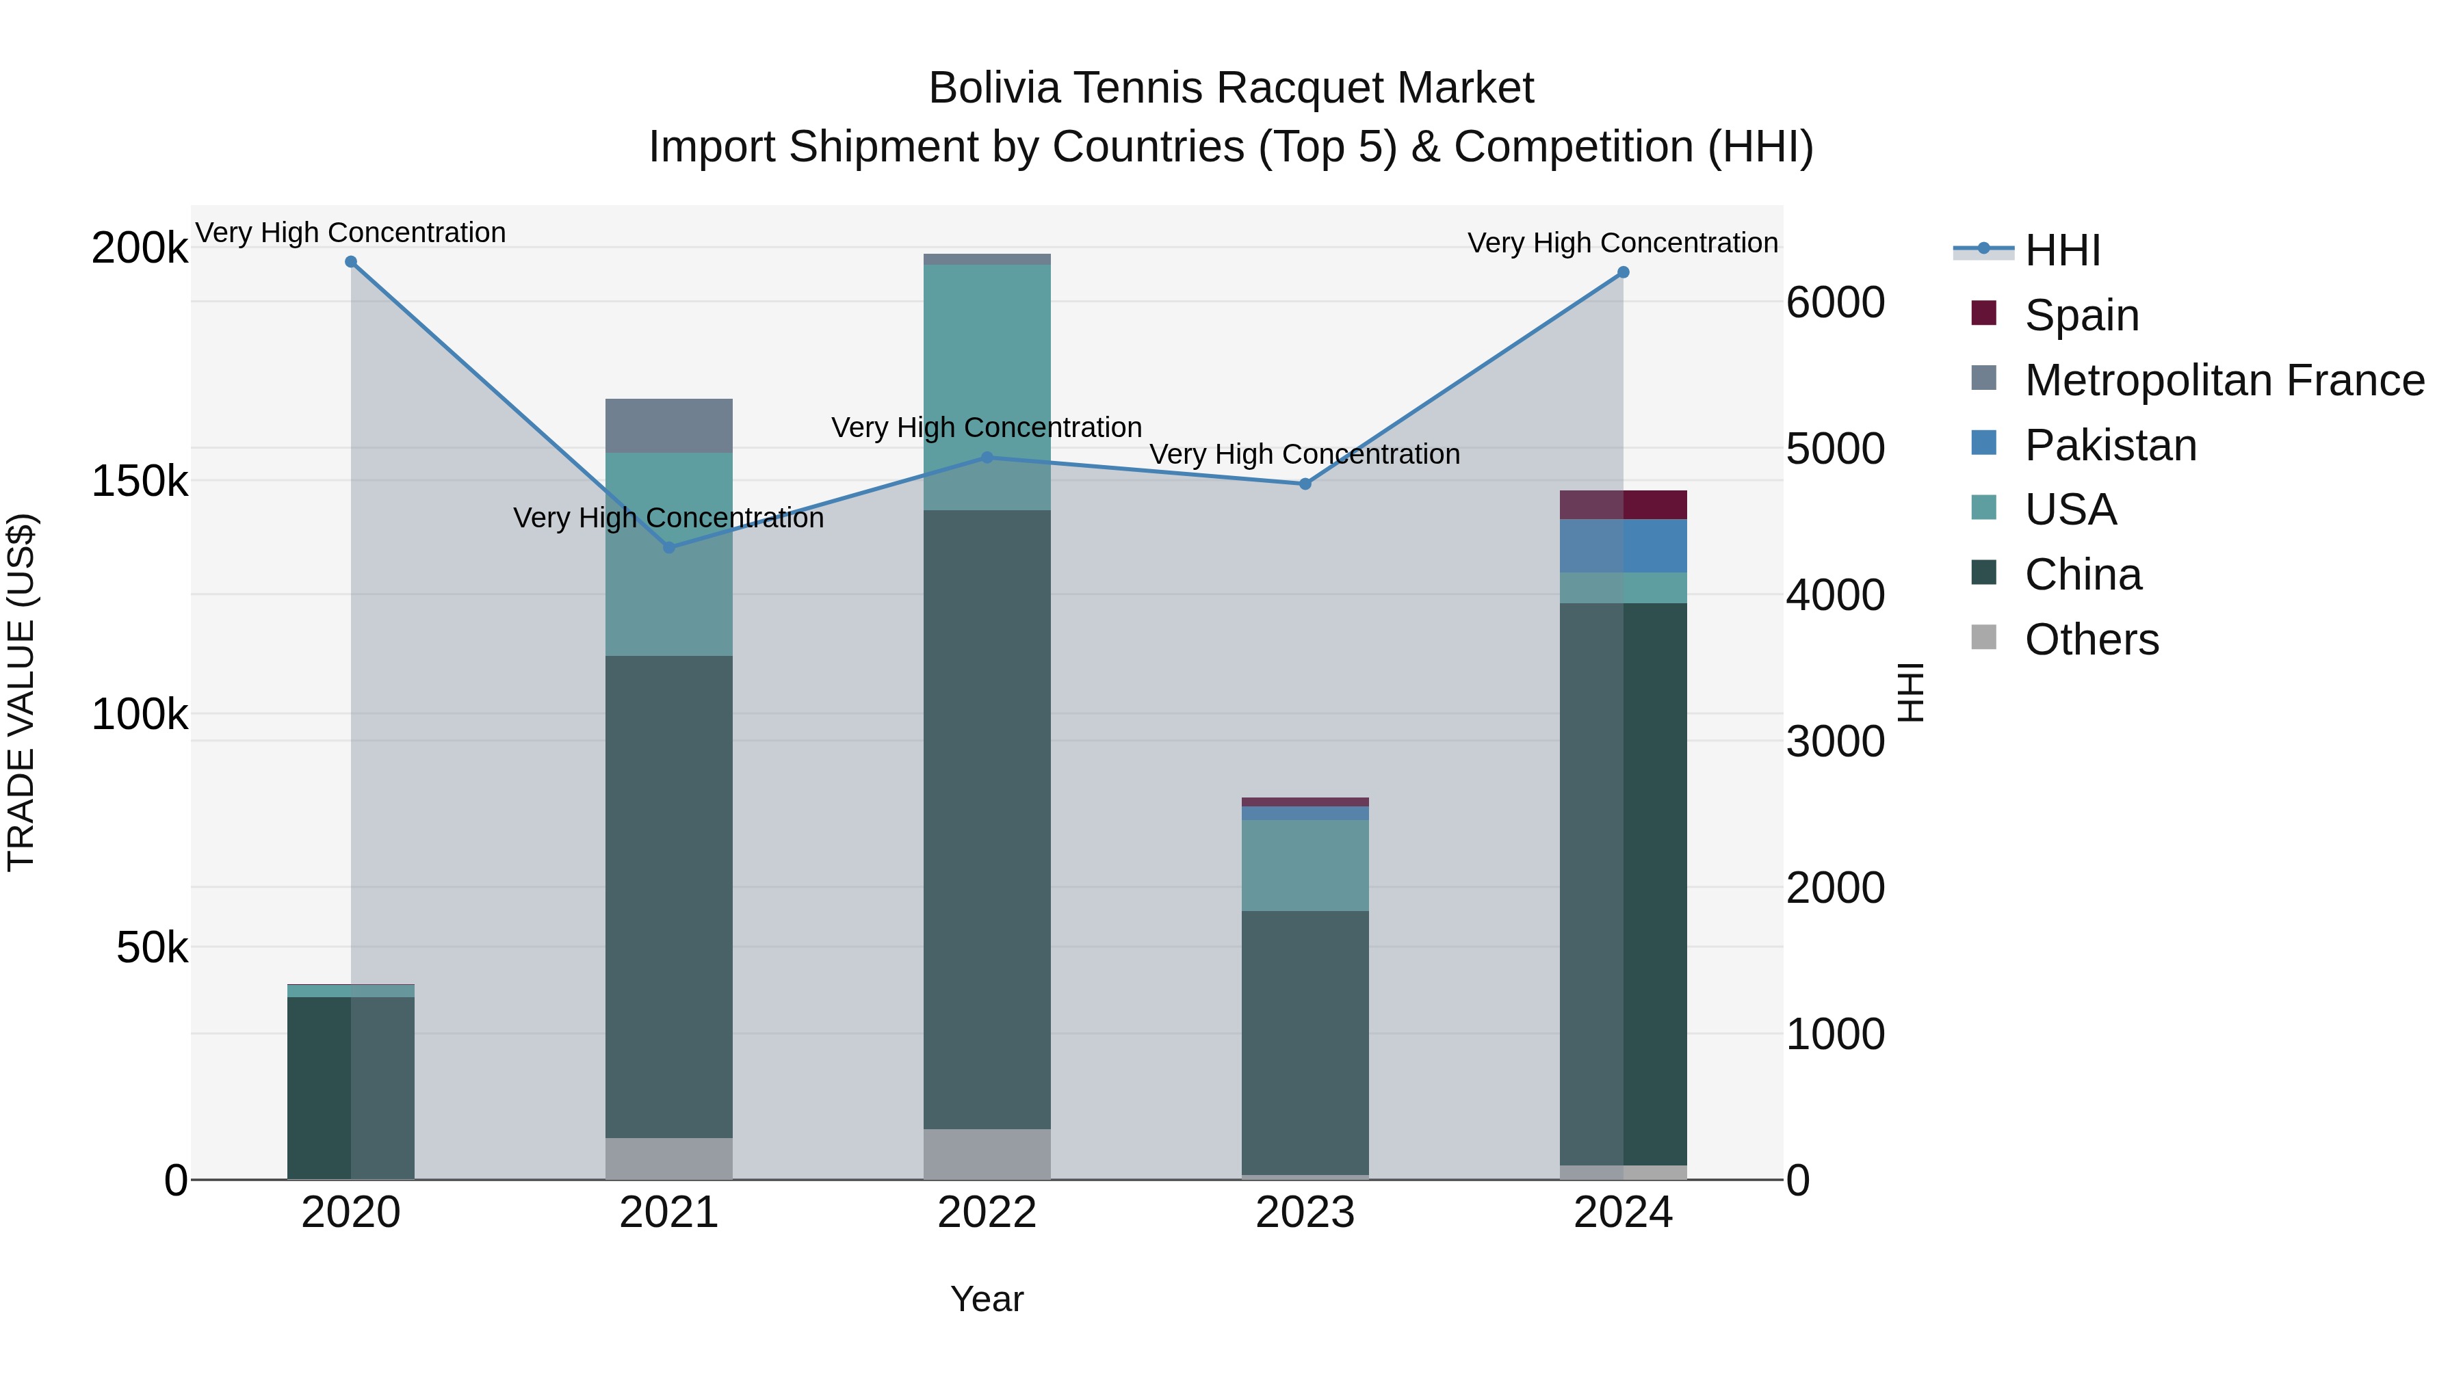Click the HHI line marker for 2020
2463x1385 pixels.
coord(351,262)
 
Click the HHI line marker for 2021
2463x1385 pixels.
coord(669,548)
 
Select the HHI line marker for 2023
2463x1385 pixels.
coord(1305,484)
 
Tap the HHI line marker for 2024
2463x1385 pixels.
coord(1623,272)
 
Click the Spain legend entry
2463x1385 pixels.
coord(2081,315)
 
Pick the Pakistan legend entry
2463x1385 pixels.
coord(2109,445)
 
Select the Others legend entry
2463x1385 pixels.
coord(2091,639)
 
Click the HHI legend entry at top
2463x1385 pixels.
coord(2062,250)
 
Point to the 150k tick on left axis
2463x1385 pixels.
coord(140,481)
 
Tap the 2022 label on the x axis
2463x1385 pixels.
coord(987,1213)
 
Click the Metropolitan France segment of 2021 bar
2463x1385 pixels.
coord(669,425)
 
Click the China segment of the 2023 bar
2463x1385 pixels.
coord(1305,1042)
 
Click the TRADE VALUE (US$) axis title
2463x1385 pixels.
coord(21,692)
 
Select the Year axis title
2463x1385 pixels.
coord(987,1299)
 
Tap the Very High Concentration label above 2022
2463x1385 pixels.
coord(987,427)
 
